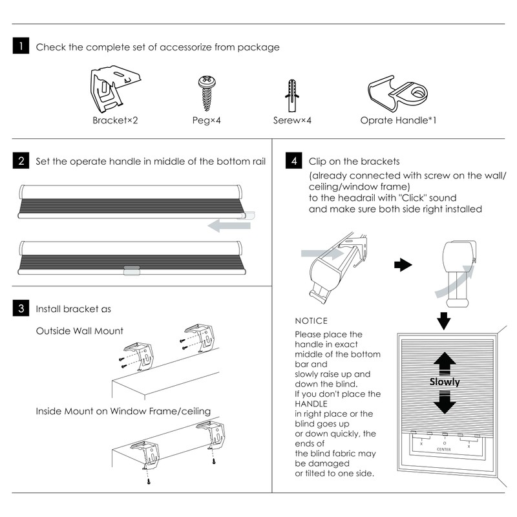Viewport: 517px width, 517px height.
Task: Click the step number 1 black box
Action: tap(21, 47)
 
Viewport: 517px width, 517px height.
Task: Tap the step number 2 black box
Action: tap(21, 161)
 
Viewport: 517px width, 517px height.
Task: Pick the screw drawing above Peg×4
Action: tap(206, 93)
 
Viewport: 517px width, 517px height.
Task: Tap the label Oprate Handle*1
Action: tap(397, 120)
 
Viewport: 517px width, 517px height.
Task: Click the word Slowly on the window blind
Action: tap(445, 382)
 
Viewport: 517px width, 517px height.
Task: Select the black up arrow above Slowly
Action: tap(445, 362)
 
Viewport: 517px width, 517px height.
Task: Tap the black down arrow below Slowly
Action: tap(445, 403)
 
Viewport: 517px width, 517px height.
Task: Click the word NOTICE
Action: tap(311, 321)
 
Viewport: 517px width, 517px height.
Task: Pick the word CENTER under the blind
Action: tap(444, 448)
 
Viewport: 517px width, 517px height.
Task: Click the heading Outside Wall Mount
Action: tap(79, 331)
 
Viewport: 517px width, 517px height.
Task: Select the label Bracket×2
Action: tap(116, 120)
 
